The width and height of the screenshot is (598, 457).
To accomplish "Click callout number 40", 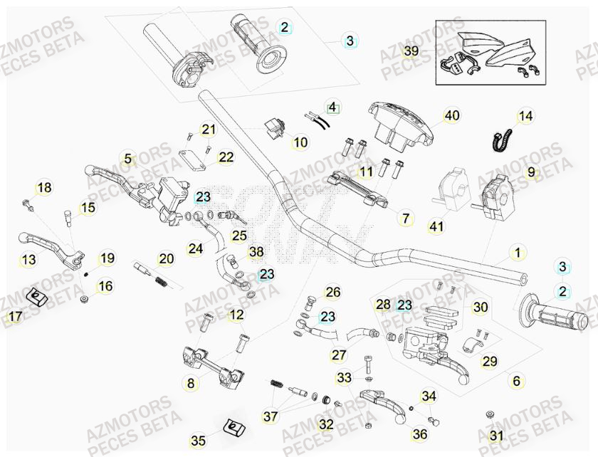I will [452, 115].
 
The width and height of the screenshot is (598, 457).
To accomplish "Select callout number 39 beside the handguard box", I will [411, 51].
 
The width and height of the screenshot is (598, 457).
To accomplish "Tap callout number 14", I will [525, 116].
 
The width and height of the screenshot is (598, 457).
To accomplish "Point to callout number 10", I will [300, 143].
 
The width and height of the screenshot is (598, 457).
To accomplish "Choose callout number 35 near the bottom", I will [198, 441].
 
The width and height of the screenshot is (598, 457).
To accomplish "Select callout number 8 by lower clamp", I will [190, 384].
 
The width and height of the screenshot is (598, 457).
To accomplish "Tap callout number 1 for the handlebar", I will [518, 252].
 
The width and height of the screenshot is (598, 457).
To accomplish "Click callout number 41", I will [436, 227].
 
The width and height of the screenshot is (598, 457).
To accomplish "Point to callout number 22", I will [226, 157].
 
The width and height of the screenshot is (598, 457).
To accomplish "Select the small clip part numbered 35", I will [231, 428].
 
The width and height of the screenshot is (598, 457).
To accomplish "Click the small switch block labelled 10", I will [276, 128].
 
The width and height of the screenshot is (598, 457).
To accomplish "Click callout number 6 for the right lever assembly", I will [518, 382].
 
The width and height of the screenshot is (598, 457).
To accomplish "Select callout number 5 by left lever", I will [128, 159].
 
